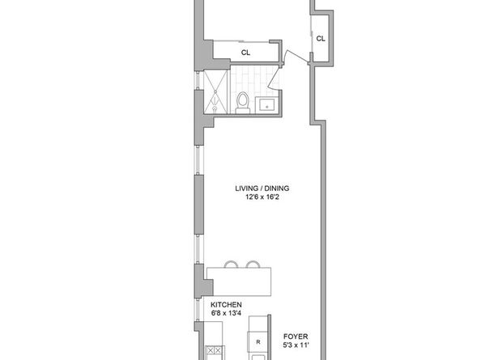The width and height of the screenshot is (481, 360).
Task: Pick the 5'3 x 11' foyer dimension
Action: (x=294, y=344)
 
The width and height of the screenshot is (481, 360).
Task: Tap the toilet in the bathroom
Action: (x=243, y=100)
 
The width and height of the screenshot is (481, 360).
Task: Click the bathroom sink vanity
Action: (x=267, y=103)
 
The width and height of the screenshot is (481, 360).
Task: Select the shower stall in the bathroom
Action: (x=215, y=91)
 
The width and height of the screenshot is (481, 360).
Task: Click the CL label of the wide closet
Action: (x=245, y=53)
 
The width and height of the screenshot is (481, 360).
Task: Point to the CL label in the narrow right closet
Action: (x=321, y=38)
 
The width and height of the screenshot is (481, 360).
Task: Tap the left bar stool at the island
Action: (x=232, y=264)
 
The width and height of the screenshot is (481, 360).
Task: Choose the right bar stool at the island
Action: (x=253, y=264)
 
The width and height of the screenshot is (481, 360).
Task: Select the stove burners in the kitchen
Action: (x=215, y=351)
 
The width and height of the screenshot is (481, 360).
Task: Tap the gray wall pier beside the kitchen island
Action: (x=198, y=280)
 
